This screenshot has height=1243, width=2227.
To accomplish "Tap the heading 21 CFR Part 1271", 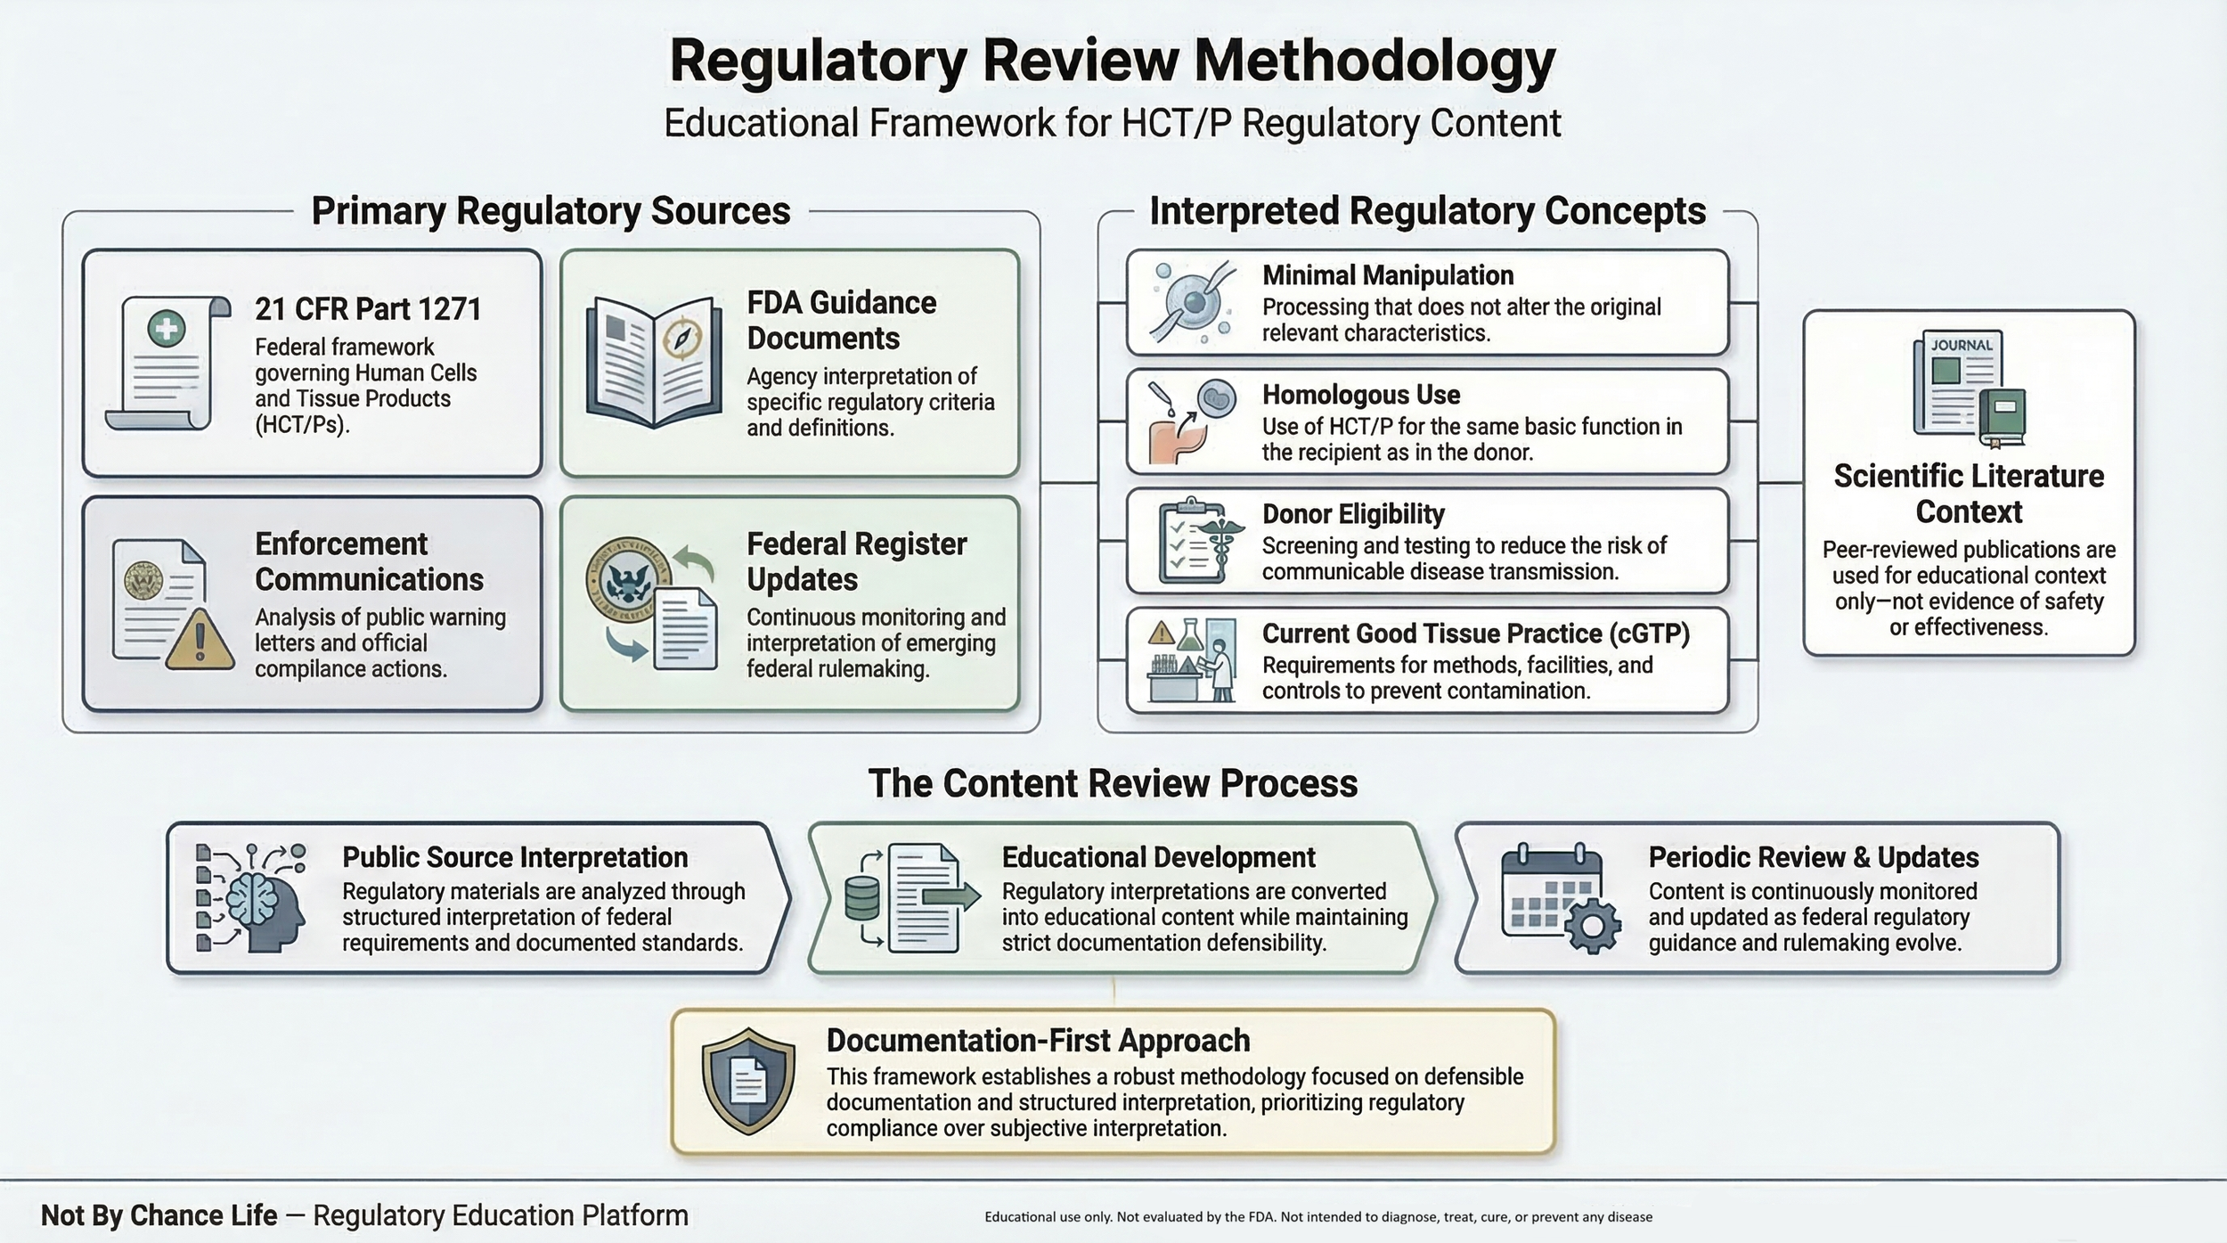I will click(368, 309).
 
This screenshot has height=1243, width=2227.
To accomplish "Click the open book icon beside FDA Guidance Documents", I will click(654, 362).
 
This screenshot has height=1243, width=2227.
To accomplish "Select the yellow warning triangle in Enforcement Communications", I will click(200, 641).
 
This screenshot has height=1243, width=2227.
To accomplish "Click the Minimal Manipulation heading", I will click(1387, 275).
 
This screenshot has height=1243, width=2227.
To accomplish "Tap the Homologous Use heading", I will click(1360, 395).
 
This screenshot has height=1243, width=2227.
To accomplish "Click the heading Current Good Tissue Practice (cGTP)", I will click(1475, 634).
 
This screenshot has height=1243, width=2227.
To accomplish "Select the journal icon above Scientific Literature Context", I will click(1969, 389).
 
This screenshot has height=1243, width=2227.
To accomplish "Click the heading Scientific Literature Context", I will click(1969, 494).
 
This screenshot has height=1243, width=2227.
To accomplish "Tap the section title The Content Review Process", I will click(1113, 783).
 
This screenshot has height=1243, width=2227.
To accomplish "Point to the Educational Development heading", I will click(1158, 857).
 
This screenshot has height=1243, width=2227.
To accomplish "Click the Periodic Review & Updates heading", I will click(1813, 857).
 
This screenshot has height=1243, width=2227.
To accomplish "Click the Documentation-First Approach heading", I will click(1038, 1041).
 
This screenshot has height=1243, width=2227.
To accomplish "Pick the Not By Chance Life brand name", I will click(159, 1215).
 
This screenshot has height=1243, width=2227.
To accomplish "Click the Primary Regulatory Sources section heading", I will click(551, 211).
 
